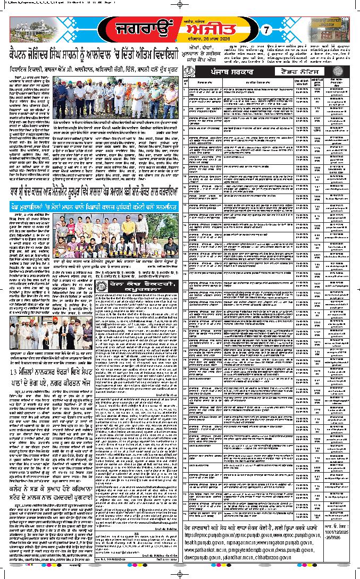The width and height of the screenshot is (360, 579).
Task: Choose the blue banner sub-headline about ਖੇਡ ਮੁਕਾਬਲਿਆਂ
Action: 90,207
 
